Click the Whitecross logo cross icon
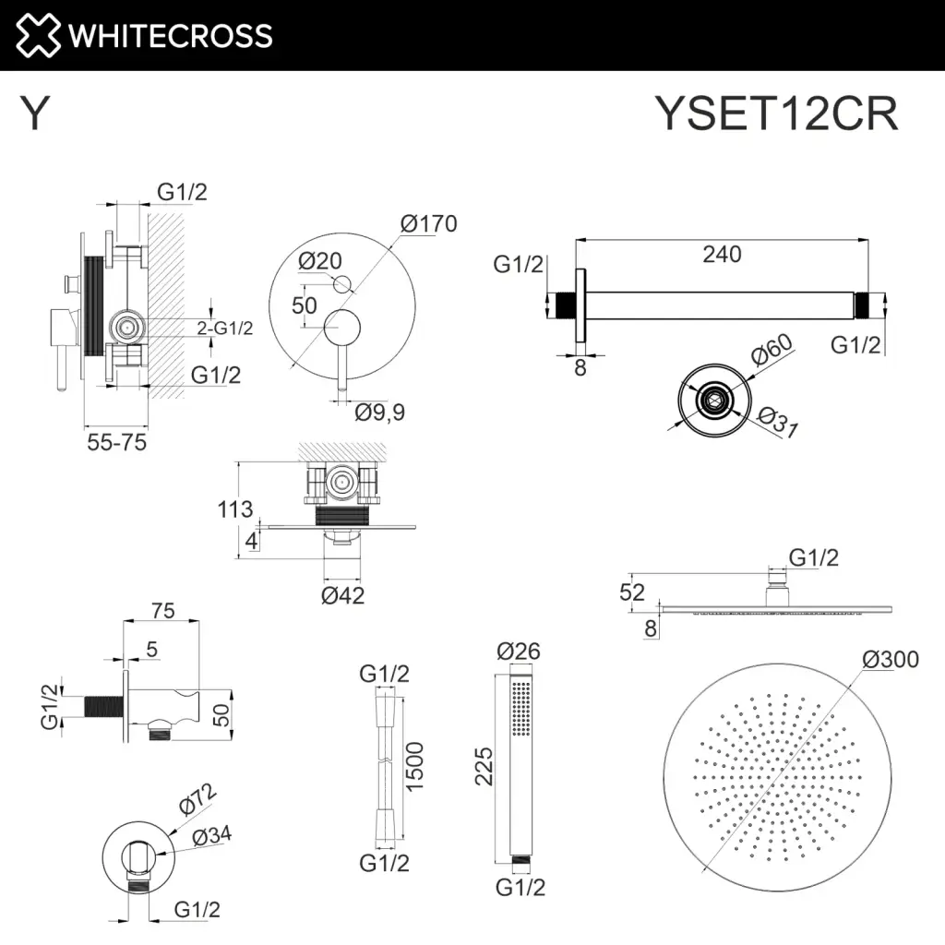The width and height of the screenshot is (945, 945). point(36,35)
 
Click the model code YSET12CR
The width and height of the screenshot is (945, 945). point(775,115)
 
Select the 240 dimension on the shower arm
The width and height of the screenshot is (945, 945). point(722,254)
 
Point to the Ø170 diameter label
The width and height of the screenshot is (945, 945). point(428,223)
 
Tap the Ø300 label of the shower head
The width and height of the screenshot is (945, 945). point(891,659)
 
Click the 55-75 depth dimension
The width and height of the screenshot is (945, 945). point(115,442)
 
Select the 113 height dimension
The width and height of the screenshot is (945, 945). point(236,509)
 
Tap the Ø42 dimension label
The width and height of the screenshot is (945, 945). point(342,595)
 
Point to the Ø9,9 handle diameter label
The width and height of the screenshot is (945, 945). point(379,413)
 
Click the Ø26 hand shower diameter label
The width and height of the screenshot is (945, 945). point(518,652)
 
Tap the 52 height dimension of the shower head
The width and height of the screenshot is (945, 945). point(632,592)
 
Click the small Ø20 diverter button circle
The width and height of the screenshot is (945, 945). point(342,283)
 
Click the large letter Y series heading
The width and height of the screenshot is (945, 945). point(34,115)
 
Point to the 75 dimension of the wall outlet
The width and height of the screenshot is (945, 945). point(162,611)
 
